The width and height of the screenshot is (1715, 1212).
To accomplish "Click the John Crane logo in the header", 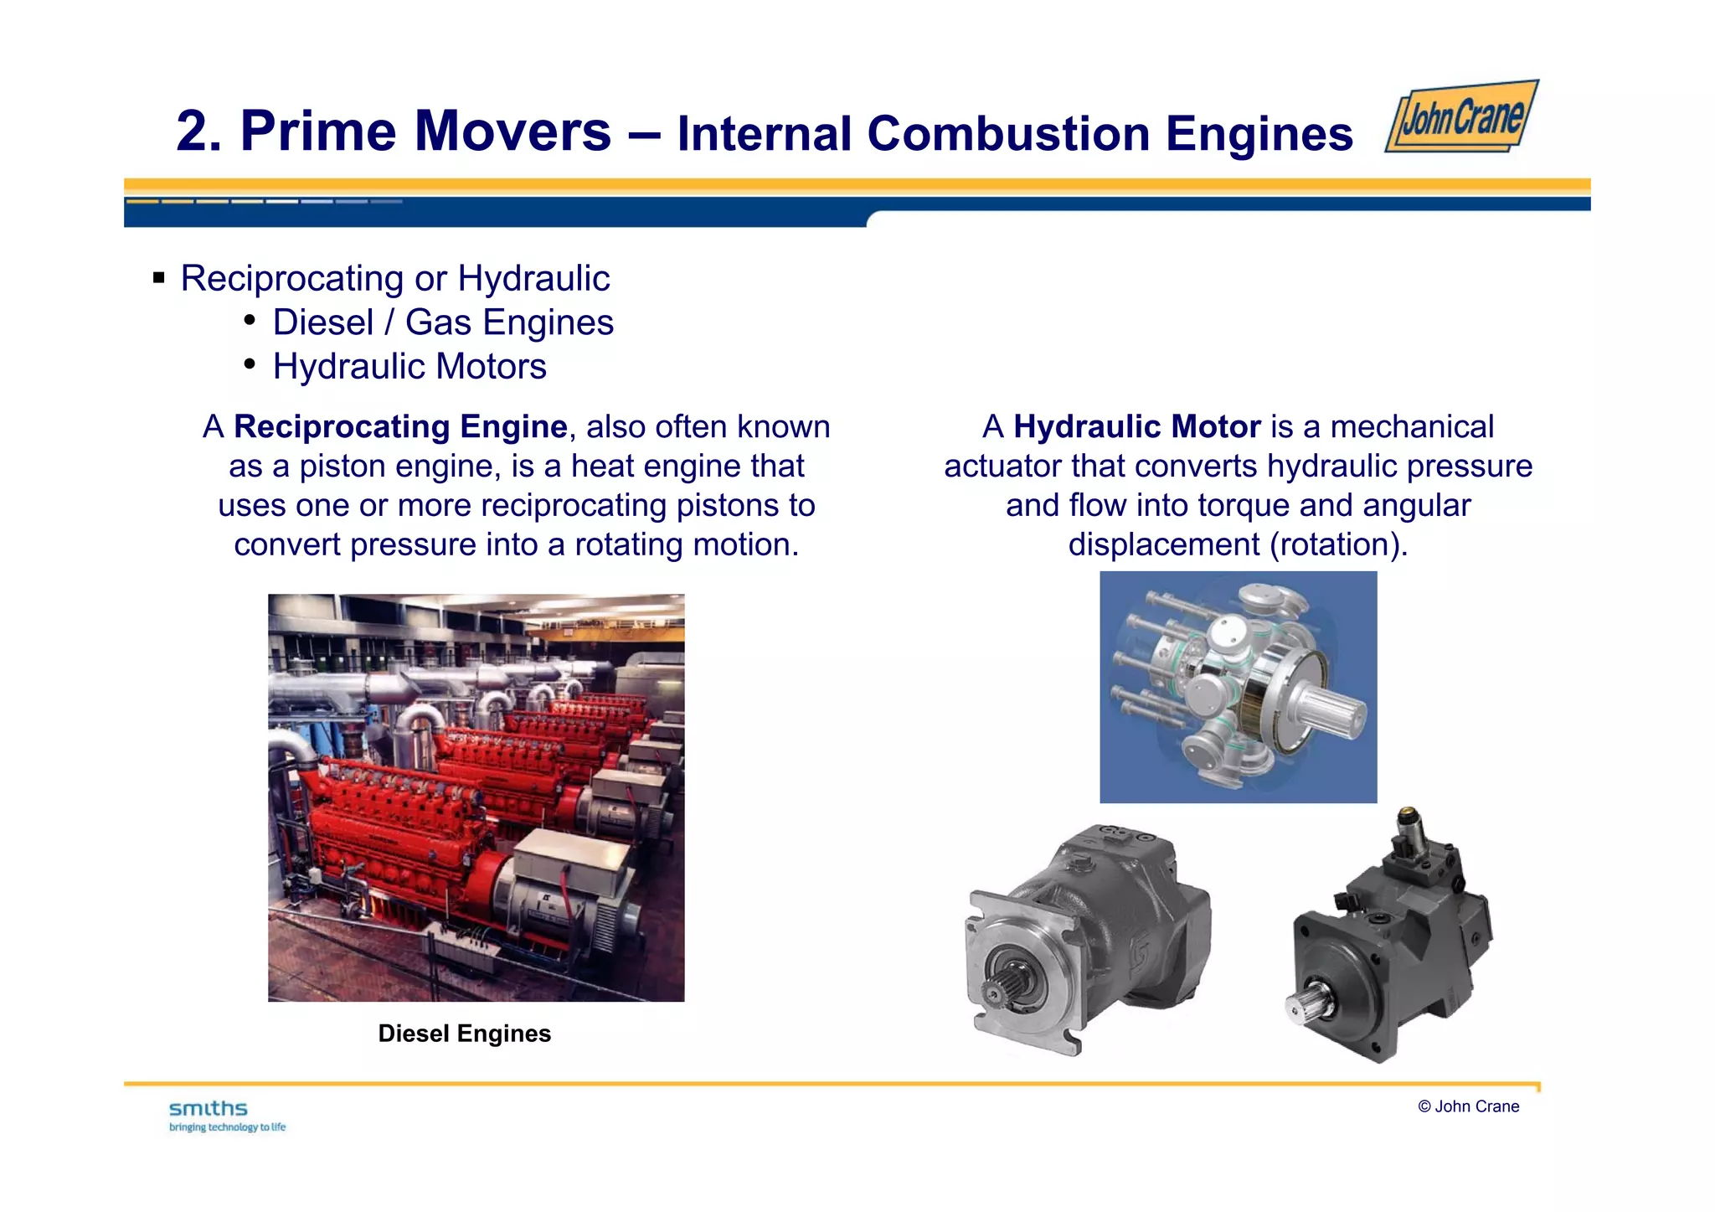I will (1462, 117).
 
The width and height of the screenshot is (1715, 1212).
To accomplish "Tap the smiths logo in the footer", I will (208, 1109).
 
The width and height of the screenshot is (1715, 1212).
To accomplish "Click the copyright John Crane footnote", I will (1468, 1106).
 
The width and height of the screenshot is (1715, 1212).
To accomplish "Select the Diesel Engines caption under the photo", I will (464, 1034).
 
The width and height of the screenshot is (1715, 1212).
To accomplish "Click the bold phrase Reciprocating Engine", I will (400, 427).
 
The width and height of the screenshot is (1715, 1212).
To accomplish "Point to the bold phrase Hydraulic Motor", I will (1136, 427).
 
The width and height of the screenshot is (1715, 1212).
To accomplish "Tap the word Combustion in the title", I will (1008, 134).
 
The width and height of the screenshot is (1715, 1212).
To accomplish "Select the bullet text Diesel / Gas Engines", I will (443, 322).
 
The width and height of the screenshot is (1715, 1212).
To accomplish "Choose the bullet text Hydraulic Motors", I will (409, 367).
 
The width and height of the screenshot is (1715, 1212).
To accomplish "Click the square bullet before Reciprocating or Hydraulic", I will (159, 278).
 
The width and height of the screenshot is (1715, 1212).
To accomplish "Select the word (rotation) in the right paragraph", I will (1338, 545).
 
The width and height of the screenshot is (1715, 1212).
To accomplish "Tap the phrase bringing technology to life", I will (227, 1127).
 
